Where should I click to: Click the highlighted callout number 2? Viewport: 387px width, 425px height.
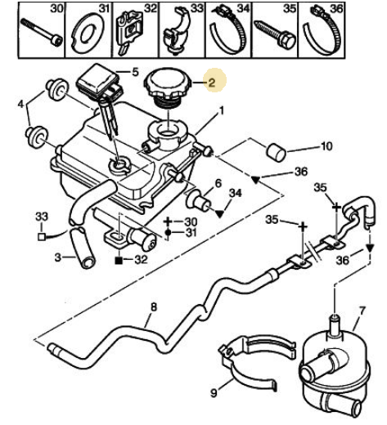pos(212,83)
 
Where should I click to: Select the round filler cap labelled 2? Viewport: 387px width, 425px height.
pos(168,87)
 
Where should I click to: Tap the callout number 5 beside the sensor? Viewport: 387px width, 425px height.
pos(135,72)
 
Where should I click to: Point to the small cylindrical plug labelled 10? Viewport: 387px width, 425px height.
pos(276,153)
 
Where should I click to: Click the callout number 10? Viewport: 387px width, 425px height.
pos(326,146)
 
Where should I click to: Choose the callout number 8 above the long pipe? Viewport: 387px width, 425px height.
pos(154,307)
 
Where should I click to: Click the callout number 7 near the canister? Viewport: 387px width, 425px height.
pos(361,311)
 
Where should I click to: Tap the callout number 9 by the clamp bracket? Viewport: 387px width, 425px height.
pos(214,392)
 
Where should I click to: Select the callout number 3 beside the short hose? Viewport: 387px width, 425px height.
pos(58,257)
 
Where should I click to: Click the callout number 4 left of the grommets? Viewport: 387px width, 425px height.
pos(21,104)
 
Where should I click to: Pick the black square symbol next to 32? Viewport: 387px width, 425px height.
pos(119,261)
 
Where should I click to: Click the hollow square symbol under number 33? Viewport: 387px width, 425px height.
pos(41,237)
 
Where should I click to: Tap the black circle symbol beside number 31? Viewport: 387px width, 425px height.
pos(168,233)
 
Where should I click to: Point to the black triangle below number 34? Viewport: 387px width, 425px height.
pos(219,214)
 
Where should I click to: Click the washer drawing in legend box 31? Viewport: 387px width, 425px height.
pos(88,33)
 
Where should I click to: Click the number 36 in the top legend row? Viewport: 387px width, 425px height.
pos(336,9)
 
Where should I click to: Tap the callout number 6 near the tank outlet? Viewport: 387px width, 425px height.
pos(218,183)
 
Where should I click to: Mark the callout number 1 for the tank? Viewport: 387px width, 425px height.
pos(222,111)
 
